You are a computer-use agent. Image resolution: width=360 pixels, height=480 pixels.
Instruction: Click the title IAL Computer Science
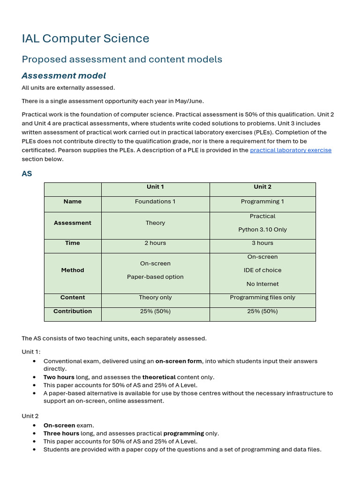[85, 38]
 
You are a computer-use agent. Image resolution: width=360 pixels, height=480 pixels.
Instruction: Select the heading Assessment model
[64, 75]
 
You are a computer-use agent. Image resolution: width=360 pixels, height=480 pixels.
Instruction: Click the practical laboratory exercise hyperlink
[291, 150]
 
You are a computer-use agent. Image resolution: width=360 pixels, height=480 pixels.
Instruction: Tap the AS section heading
[27, 173]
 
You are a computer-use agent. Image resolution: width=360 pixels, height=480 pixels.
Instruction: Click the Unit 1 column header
[155, 187]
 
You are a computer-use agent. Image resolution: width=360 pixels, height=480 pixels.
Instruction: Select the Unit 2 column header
[262, 187]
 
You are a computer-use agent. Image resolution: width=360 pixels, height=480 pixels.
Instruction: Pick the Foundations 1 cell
[155, 202]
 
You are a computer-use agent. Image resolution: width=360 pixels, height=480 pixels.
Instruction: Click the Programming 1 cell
[262, 202]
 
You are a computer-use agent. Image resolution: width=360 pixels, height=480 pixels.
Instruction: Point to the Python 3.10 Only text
[262, 230]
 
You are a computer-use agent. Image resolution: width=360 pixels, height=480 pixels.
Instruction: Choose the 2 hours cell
[155, 243]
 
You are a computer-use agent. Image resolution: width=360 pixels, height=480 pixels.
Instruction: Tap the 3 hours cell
[262, 243]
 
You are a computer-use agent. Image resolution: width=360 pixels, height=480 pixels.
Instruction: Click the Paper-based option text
[155, 277]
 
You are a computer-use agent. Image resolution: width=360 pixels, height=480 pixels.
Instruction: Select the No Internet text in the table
[262, 284]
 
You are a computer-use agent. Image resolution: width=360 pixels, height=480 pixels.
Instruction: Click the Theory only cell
[155, 297]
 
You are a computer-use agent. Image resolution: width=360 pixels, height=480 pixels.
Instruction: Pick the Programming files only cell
[262, 297]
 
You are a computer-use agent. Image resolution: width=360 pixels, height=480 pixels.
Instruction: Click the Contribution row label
[73, 311]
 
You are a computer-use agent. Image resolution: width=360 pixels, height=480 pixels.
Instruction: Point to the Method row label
[73, 270]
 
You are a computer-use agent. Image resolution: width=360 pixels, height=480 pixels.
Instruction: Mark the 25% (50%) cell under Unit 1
[155, 311]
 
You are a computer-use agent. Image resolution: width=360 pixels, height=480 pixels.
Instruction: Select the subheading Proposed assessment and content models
[122, 59]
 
